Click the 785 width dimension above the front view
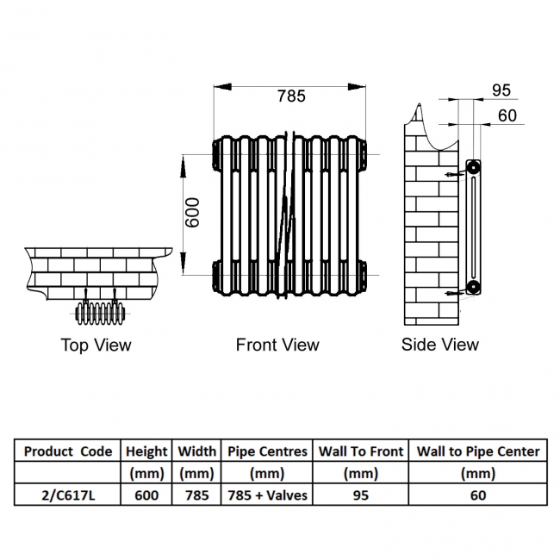point(291,96)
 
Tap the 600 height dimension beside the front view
point(193,212)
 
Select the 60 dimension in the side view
point(507,115)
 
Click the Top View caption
point(96,345)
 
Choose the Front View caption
point(277,345)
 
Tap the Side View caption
point(439,345)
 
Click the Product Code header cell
point(68,451)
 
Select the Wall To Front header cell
point(361,451)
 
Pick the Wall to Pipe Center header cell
point(478,451)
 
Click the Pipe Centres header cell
point(267,451)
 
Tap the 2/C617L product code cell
point(68,495)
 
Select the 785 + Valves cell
point(267,495)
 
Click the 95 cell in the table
point(361,495)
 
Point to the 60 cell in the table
point(478,495)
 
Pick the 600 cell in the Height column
point(146,495)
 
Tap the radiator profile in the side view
point(472,226)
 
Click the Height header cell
point(146,451)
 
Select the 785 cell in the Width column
point(197,495)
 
